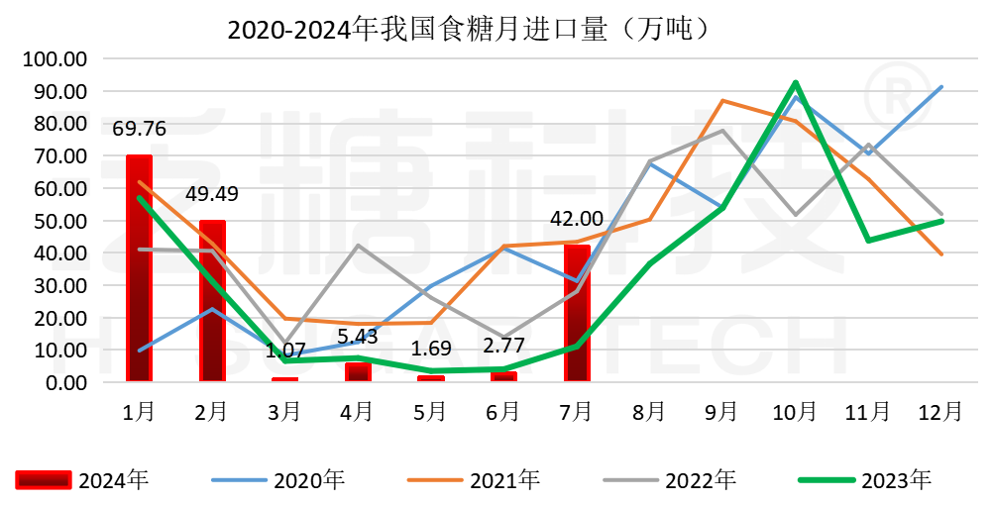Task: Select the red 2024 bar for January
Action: point(139,268)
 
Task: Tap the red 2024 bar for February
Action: point(212,301)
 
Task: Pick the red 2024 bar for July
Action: point(577,313)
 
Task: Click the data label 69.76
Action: point(139,129)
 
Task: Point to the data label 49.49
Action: point(212,193)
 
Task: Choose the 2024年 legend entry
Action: point(83,481)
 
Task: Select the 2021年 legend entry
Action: point(475,481)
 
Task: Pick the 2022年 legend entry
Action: point(671,481)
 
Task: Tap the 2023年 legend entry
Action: point(866,481)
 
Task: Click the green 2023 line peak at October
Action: point(796,82)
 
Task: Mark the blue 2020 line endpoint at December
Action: point(941,87)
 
